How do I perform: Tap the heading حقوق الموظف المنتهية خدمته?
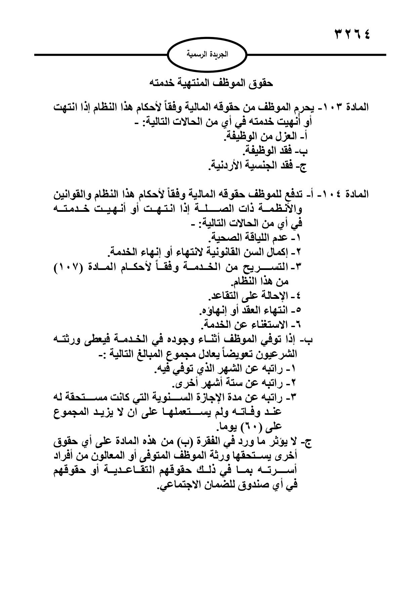[x=211, y=83]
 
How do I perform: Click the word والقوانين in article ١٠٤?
[x=71, y=195]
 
